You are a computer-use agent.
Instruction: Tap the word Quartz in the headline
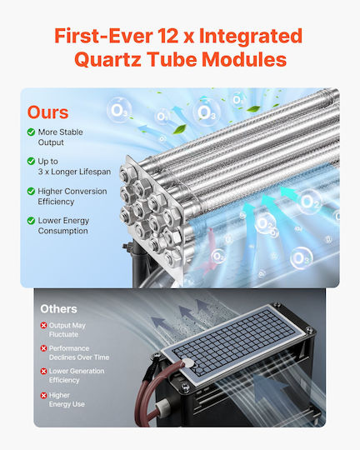(107, 59)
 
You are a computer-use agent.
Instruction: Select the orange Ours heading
(48, 112)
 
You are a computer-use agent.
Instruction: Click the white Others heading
(58, 309)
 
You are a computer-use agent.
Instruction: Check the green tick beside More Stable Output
(31, 132)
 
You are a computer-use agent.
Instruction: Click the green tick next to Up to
(31, 162)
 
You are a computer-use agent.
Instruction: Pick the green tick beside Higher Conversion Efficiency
(31, 191)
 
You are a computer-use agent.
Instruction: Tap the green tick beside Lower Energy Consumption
(31, 220)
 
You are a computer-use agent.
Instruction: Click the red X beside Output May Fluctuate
(43, 326)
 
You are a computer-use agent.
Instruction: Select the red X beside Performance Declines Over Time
(43, 348)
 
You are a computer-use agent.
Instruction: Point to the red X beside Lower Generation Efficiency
(43, 372)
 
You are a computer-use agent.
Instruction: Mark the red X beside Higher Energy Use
(43, 396)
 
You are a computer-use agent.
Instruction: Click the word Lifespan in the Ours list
(95, 172)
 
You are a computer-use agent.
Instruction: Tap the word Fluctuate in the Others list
(63, 334)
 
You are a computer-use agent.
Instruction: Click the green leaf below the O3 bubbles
(180, 129)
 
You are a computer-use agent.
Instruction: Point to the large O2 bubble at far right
(310, 202)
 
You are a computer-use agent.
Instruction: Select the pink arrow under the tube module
(209, 252)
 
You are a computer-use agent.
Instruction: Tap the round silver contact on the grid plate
(188, 362)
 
